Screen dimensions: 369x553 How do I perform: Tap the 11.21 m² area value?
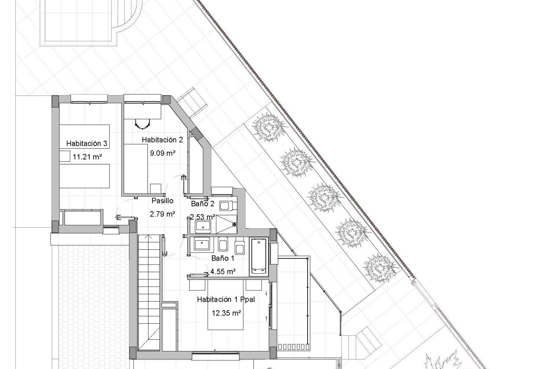87,157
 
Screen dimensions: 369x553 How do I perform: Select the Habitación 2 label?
162,140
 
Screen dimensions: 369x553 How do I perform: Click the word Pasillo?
163,201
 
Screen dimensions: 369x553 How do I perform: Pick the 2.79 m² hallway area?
162,214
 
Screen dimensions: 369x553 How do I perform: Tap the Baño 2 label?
203,204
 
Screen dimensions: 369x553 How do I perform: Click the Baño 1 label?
223,258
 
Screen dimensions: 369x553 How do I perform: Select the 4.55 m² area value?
223,271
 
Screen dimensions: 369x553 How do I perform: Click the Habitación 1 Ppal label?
226,300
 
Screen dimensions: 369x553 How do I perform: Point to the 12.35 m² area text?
226,313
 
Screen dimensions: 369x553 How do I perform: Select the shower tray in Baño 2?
226,225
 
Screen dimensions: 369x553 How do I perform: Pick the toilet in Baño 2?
228,206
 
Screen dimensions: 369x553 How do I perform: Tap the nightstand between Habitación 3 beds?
65,156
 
